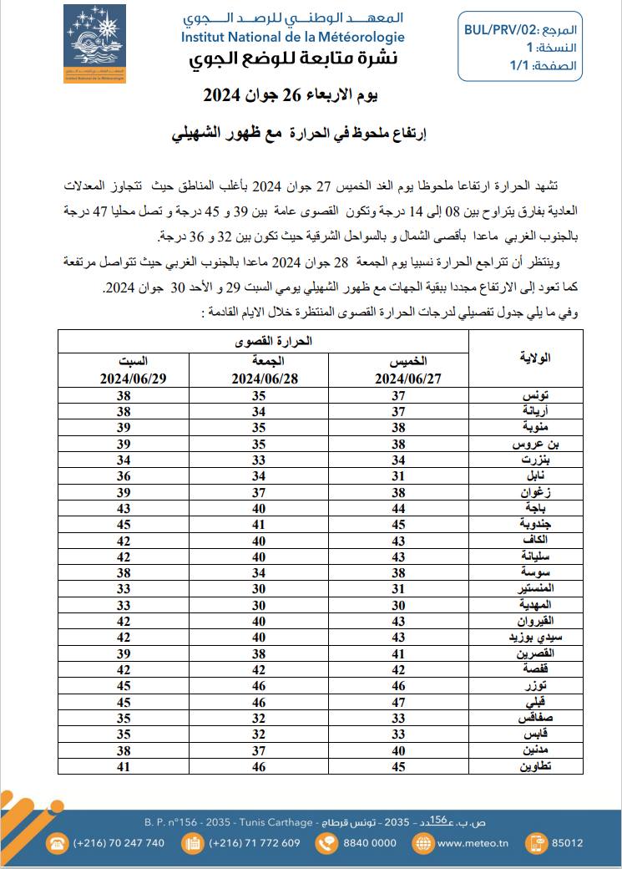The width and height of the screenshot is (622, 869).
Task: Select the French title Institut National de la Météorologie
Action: point(292,37)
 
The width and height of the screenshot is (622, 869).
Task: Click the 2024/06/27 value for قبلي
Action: point(398,701)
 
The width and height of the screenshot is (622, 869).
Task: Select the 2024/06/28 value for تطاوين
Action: point(259,766)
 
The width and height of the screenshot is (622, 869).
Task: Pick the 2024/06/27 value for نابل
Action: point(398,476)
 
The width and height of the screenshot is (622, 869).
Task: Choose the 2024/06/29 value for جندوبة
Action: point(124,526)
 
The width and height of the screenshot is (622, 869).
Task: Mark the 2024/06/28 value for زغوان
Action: point(259,493)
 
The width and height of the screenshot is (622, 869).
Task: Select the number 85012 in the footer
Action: point(568,843)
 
